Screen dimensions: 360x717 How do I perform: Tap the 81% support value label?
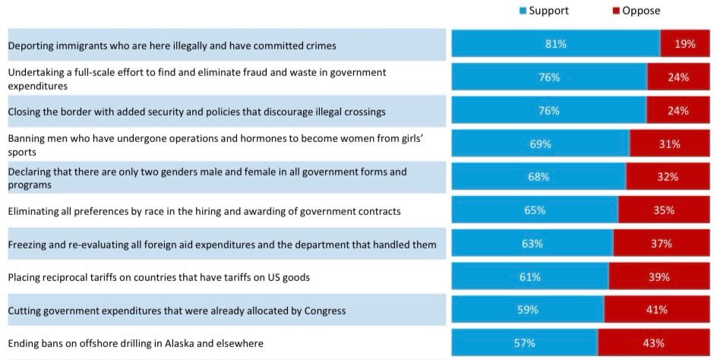pyautogui.click(x=555, y=44)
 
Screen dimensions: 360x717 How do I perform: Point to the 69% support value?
pyautogui.click(x=540, y=144)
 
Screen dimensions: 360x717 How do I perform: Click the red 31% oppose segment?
pyautogui.click(x=670, y=144)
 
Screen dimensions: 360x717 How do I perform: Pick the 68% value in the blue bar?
pyautogui.click(x=539, y=177)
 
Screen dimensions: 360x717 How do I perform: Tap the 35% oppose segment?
pyautogui.click(x=664, y=210)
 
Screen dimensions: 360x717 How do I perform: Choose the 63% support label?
pyautogui.click(x=532, y=244)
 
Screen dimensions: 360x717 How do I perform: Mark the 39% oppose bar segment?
pyautogui.click(x=659, y=277)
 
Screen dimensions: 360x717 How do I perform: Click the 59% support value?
pyautogui.click(x=527, y=310)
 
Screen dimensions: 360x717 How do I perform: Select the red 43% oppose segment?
pyautogui.click(x=653, y=343)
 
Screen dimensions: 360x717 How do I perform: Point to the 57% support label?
pyautogui.click(x=524, y=343)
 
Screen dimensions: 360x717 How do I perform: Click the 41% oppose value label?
pyautogui.click(x=656, y=310)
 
